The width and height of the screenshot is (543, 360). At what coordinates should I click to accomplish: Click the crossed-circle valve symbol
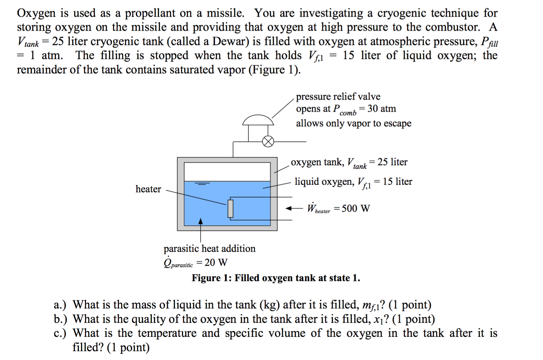point(268,142)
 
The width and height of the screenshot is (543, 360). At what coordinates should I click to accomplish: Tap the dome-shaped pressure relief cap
point(258,120)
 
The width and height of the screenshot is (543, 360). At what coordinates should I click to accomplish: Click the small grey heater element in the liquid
point(230,208)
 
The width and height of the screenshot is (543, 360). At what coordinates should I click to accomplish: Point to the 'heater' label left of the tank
point(148,189)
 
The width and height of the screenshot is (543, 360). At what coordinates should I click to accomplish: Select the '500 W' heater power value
point(355,208)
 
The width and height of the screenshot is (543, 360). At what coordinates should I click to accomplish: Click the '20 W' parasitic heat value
point(216,262)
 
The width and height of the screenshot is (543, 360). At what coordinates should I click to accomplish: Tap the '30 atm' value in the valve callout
point(382,108)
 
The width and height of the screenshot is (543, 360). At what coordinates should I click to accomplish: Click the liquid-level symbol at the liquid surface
point(202,184)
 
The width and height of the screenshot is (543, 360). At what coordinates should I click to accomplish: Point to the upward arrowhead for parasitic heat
point(201,221)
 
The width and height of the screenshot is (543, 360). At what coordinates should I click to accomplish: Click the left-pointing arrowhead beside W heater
point(289,208)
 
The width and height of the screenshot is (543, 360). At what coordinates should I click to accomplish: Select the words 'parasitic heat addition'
point(209,249)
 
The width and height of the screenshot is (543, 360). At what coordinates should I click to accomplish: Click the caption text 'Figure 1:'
point(211,278)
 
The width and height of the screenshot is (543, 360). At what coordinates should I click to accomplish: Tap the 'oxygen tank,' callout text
point(317,162)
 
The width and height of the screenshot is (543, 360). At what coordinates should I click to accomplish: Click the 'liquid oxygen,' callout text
point(324,182)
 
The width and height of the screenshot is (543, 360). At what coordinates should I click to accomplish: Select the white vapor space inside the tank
point(227,172)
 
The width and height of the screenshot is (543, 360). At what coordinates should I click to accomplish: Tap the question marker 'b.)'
point(60,319)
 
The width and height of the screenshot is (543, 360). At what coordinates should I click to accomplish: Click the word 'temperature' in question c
point(167,333)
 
